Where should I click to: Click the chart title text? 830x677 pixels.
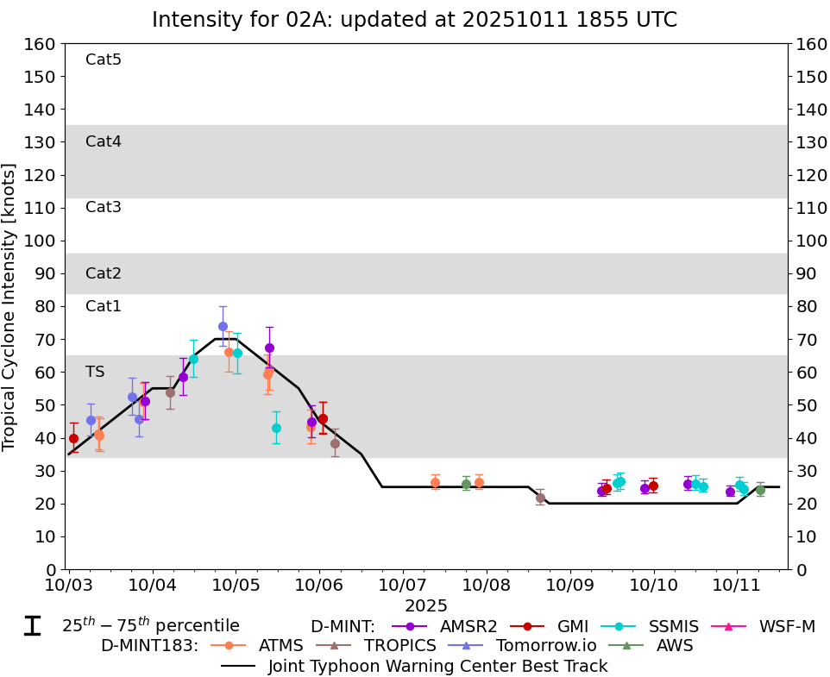[x=414, y=20]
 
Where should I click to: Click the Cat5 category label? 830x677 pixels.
[x=104, y=60]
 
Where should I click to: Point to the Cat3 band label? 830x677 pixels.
[x=104, y=207]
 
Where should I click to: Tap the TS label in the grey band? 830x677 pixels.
[x=95, y=372]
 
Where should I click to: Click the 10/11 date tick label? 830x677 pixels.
[x=737, y=586]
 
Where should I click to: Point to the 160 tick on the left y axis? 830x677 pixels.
[x=43, y=44]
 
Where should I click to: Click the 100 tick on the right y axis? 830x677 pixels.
[x=808, y=241]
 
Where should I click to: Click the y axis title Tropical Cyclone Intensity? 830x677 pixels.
[x=9, y=306]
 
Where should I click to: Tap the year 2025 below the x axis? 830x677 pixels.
[x=426, y=606]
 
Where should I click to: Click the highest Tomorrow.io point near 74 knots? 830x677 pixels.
[x=223, y=326]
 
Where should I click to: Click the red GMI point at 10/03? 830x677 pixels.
[x=73, y=438]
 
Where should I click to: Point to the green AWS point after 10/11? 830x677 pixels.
[x=760, y=490]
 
